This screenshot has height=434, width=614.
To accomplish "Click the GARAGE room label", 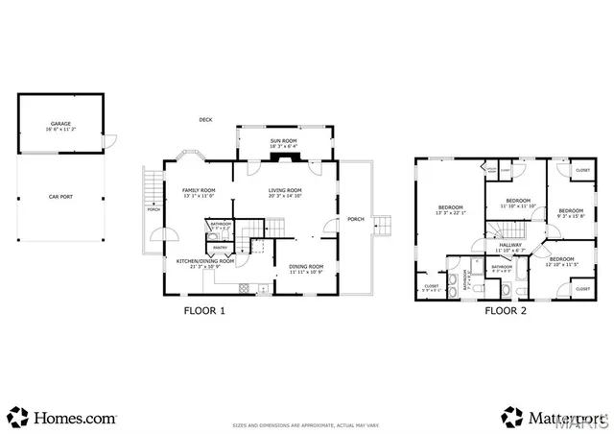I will (x=60, y=124).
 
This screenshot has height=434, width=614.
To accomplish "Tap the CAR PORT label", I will (x=60, y=197).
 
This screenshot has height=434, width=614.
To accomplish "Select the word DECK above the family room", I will (x=205, y=120).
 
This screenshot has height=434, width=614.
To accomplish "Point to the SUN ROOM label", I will (x=283, y=141).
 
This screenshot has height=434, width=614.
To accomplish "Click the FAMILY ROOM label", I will (x=199, y=190).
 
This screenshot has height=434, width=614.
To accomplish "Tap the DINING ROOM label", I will (x=307, y=266).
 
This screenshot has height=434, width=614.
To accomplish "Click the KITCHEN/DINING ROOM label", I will (x=205, y=261).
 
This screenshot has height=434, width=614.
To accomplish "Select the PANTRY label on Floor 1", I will (x=220, y=247).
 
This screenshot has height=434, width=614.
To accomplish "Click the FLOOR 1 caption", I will (x=204, y=310).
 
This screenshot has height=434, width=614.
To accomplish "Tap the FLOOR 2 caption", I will (x=505, y=310).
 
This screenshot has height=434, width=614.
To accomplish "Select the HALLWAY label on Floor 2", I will (x=509, y=245).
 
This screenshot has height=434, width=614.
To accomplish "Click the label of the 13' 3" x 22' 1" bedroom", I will (x=451, y=207).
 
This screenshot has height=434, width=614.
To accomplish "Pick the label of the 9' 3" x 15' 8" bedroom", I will (x=571, y=210).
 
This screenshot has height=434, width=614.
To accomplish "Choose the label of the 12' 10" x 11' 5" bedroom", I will (x=563, y=258).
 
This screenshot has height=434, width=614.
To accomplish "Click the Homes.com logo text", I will (x=75, y=418).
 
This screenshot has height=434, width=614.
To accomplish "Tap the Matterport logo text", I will (x=555, y=418).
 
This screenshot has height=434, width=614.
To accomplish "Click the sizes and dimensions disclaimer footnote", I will (x=307, y=425).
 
